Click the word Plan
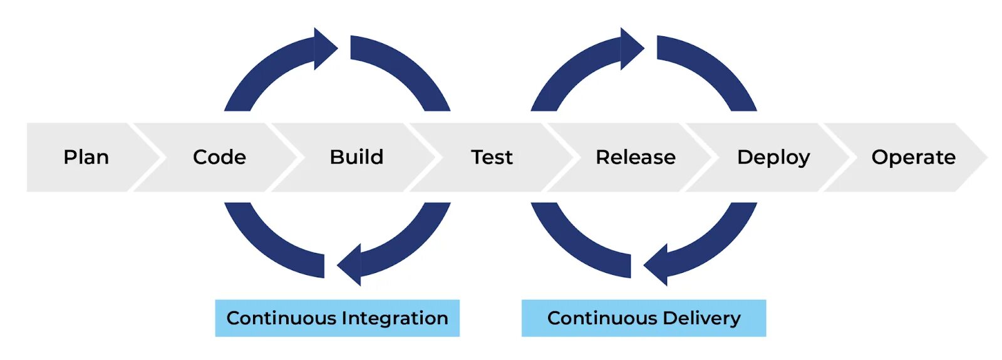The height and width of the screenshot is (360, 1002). (x=86, y=157)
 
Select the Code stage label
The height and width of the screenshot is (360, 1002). (x=219, y=157)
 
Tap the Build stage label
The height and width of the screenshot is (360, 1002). (x=356, y=157)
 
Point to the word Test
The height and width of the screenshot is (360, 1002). (x=492, y=157)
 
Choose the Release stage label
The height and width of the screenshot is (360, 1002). (x=635, y=157)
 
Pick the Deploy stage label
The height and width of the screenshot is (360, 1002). (x=773, y=157)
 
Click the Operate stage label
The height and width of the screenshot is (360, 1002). (x=913, y=157)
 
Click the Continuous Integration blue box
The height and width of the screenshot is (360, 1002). (x=337, y=318)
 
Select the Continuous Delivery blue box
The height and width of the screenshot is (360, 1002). (x=643, y=318)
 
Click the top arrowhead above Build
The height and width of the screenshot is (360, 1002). (x=324, y=48)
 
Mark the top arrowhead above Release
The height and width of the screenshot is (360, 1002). (x=631, y=48)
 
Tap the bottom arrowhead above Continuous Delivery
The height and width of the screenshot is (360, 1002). (x=657, y=265)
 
